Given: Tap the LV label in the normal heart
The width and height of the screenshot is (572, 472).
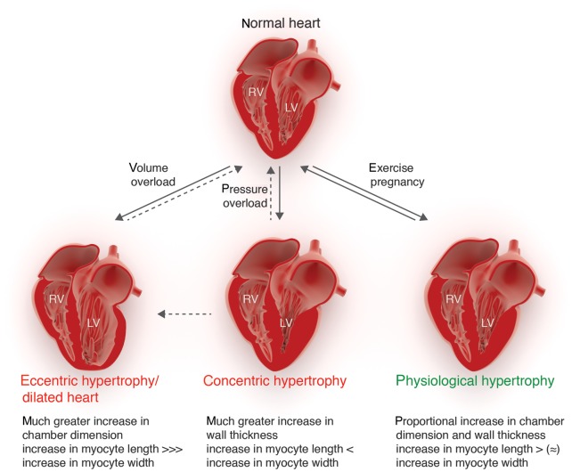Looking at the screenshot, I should point(290,108).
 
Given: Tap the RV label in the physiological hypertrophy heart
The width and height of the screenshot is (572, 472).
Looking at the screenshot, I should point(453,298).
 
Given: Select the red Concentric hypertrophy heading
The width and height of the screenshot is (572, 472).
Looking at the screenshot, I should point(274,381).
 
